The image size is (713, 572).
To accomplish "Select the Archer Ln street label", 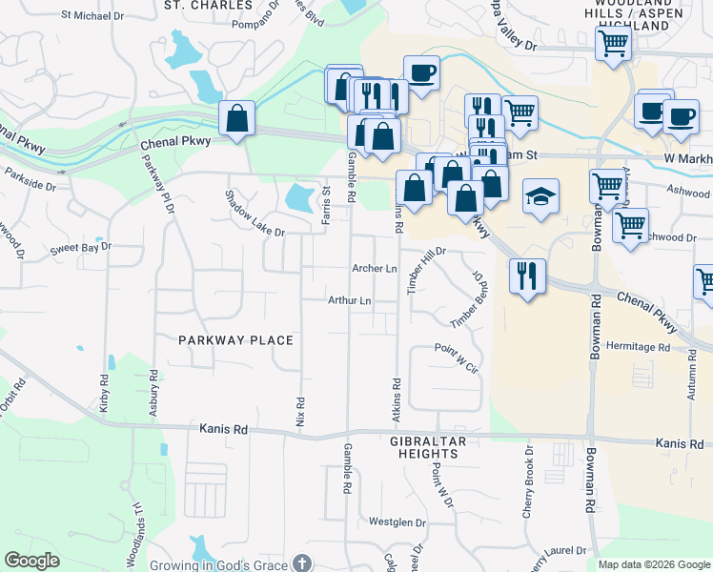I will click(x=374, y=269).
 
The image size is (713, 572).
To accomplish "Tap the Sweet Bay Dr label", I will click(x=81, y=246).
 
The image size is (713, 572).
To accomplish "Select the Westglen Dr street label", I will click(x=397, y=521).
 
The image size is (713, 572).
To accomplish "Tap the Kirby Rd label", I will click(x=104, y=392).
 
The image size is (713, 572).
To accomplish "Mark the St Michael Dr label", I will click(x=92, y=15).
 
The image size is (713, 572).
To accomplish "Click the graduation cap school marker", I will click(x=541, y=196).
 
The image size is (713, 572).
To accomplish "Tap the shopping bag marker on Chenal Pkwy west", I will click(x=236, y=119).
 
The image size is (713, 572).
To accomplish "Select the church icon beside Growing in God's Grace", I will click(x=302, y=564).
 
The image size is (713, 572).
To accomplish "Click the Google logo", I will click(x=31, y=561).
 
